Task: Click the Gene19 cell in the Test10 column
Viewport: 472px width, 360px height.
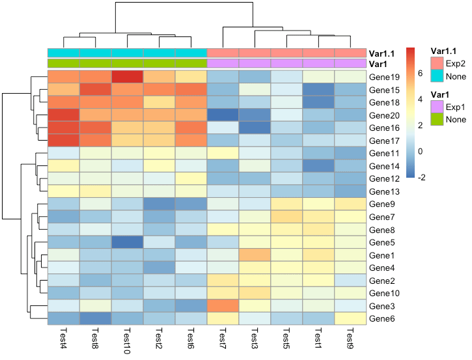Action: pyautogui.click(x=128, y=76)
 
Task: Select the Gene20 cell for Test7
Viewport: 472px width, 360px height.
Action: pyautogui.click(x=223, y=115)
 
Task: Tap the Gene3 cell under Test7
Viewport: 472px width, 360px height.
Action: pyautogui.click(x=223, y=305)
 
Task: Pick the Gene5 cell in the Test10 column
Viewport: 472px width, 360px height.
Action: pyautogui.click(x=128, y=242)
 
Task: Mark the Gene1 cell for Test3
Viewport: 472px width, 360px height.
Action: pyautogui.click(x=255, y=255)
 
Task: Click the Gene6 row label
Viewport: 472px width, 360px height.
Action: pyautogui.click(x=382, y=318)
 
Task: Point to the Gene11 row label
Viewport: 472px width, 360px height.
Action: pyautogui.click(x=384, y=153)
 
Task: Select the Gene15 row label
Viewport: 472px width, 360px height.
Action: pyautogui.click(x=384, y=90)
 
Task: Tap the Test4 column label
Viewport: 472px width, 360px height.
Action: pyautogui.click(x=64, y=338)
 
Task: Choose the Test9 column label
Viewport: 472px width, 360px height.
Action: pyautogui.click(x=350, y=338)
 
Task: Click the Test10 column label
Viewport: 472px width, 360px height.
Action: pyautogui.click(x=128, y=340)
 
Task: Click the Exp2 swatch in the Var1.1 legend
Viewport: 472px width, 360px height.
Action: pyautogui.click(x=437, y=63)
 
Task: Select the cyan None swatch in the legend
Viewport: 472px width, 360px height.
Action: pyautogui.click(x=437, y=76)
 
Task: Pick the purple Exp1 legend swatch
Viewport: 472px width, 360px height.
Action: pyautogui.click(x=437, y=107)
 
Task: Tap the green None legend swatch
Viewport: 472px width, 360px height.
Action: pyautogui.click(x=437, y=119)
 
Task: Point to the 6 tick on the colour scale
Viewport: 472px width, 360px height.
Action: pyautogui.click(x=420, y=73)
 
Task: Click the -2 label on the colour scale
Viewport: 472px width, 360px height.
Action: pyautogui.click(x=421, y=177)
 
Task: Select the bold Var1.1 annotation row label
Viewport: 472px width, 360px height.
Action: pyautogui.click(x=382, y=53)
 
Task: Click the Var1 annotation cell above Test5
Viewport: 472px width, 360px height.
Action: pyautogui.click(x=286, y=63)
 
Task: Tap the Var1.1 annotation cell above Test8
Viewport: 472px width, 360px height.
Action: pyautogui.click(x=96, y=53)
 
